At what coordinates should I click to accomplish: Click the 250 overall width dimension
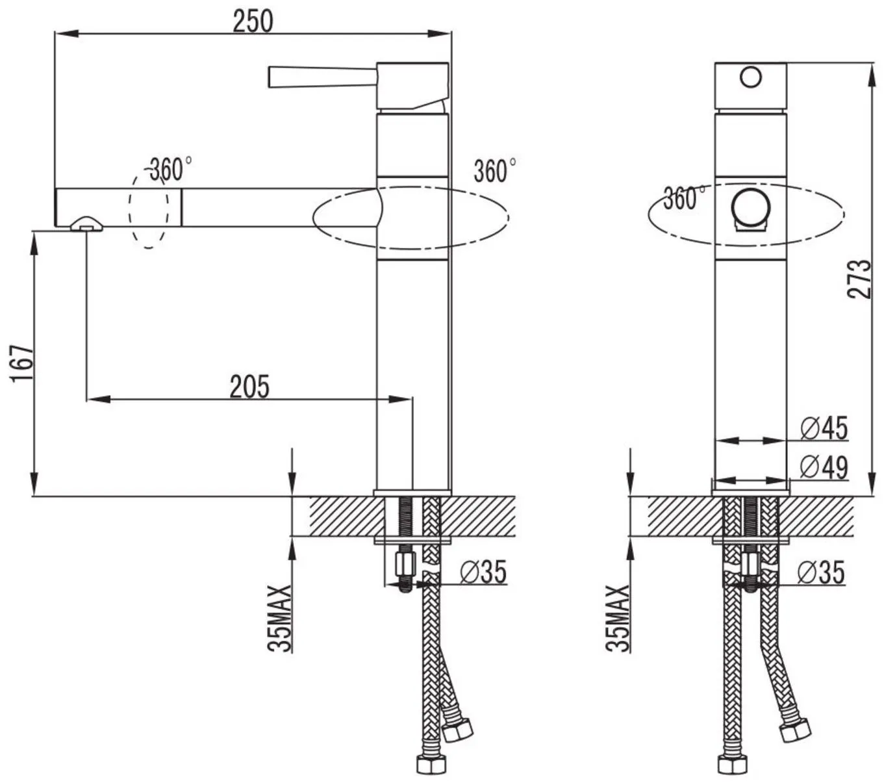point(253,21)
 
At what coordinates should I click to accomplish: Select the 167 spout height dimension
point(21,364)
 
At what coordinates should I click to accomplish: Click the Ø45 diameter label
point(824,428)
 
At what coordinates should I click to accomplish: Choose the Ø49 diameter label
point(824,467)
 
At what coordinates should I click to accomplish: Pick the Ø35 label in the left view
point(483,572)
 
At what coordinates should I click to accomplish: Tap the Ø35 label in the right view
point(822,572)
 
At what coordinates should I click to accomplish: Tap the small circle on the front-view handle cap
point(751,77)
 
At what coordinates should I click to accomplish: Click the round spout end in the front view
point(751,209)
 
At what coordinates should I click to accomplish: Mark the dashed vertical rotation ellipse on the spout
point(149,209)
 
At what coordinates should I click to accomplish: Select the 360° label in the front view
point(685,198)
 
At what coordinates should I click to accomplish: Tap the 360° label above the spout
point(170,169)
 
